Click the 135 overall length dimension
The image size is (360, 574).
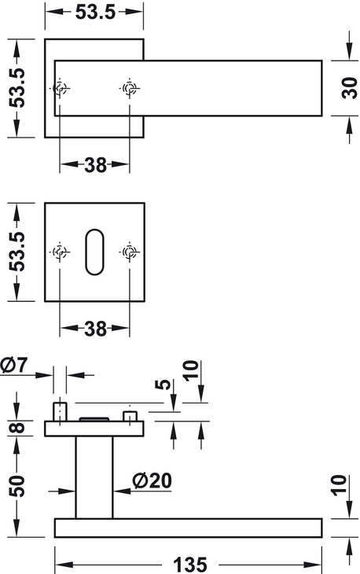(190, 565)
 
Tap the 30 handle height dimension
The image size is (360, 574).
(350, 88)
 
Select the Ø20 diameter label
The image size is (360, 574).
(152, 480)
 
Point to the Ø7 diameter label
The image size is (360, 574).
(14, 365)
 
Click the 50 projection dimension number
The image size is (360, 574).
(17, 486)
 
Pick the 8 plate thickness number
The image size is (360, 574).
(17, 428)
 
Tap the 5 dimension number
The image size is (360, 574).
(163, 385)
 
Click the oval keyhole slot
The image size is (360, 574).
(94, 252)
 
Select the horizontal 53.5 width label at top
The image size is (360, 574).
(95, 12)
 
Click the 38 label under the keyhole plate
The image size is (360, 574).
(95, 329)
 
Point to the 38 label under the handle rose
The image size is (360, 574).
(95, 165)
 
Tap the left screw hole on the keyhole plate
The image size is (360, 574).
(60, 252)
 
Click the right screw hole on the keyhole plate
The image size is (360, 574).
(129, 252)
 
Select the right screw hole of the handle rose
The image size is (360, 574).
(129, 88)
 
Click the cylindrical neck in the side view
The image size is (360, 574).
(94, 477)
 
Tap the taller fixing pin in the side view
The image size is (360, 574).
(60, 412)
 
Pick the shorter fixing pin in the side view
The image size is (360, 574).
(130, 416)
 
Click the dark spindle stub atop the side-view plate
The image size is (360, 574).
(94, 419)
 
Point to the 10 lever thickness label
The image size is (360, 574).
(339, 485)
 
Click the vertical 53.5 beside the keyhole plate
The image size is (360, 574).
(17, 252)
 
